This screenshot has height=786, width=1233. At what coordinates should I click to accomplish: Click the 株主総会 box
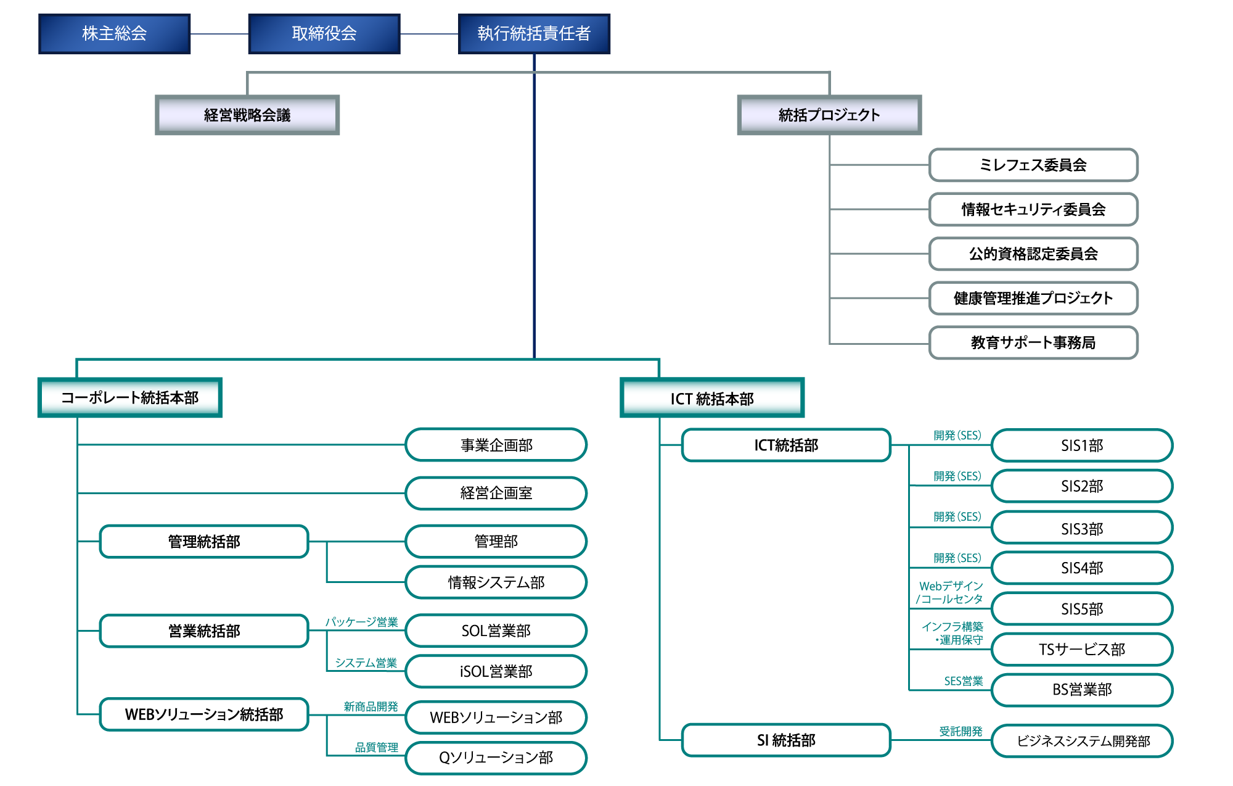114,34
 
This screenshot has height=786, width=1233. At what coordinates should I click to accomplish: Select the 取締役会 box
324,34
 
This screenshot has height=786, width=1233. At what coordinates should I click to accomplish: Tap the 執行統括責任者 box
534,34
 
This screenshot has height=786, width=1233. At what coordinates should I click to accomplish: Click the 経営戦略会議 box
247,115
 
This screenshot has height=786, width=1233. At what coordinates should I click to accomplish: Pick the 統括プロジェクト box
829,115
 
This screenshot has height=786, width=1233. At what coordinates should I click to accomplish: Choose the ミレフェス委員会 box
1033,165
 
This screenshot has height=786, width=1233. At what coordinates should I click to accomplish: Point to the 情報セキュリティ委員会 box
1033,209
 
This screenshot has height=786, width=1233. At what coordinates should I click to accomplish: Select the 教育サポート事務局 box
1033,342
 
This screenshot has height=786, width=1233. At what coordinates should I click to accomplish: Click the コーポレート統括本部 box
130,397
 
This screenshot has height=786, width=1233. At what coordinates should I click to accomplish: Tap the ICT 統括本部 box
712,398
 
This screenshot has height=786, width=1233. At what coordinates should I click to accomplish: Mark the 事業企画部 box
496,445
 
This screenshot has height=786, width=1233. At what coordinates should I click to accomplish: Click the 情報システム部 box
496,582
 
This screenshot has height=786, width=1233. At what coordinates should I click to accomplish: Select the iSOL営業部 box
496,671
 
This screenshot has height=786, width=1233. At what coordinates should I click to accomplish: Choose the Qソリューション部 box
496,758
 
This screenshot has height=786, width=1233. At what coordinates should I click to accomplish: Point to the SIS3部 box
1082,528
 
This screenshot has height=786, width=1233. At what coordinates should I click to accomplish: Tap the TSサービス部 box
1082,649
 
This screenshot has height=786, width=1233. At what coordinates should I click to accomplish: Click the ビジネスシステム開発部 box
1082,740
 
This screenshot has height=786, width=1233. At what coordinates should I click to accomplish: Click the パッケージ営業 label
362,622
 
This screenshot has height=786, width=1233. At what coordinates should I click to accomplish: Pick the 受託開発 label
961,731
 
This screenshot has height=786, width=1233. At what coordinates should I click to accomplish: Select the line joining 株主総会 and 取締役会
219,34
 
